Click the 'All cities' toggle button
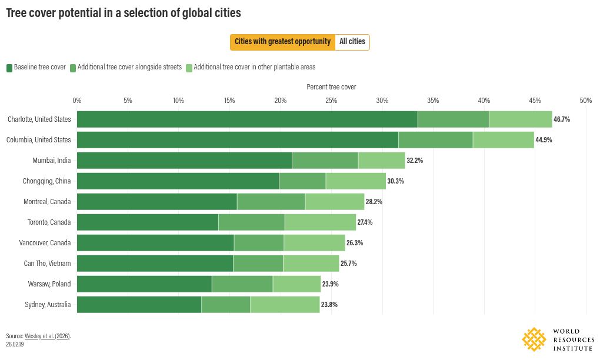coord(352,42)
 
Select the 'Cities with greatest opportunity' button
coord(282,42)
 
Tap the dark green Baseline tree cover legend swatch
coord(9,68)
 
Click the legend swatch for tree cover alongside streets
coord(73,68)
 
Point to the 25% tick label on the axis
coord(331,101)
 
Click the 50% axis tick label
coord(586,101)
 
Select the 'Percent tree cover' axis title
coord(331,87)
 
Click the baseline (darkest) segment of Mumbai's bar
coord(185,161)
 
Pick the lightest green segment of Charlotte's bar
coord(521,119)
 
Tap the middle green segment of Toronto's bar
coord(251,222)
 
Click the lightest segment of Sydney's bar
coord(285,305)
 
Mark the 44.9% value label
coord(544,140)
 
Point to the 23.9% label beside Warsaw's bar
coord(330,284)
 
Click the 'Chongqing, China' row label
coord(46,181)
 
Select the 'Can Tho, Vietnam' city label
coord(47,263)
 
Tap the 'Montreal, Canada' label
coord(47,202)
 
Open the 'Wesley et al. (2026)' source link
coord(47,336)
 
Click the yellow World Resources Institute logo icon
coord(534,339)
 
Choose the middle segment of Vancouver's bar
coord(259,243)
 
